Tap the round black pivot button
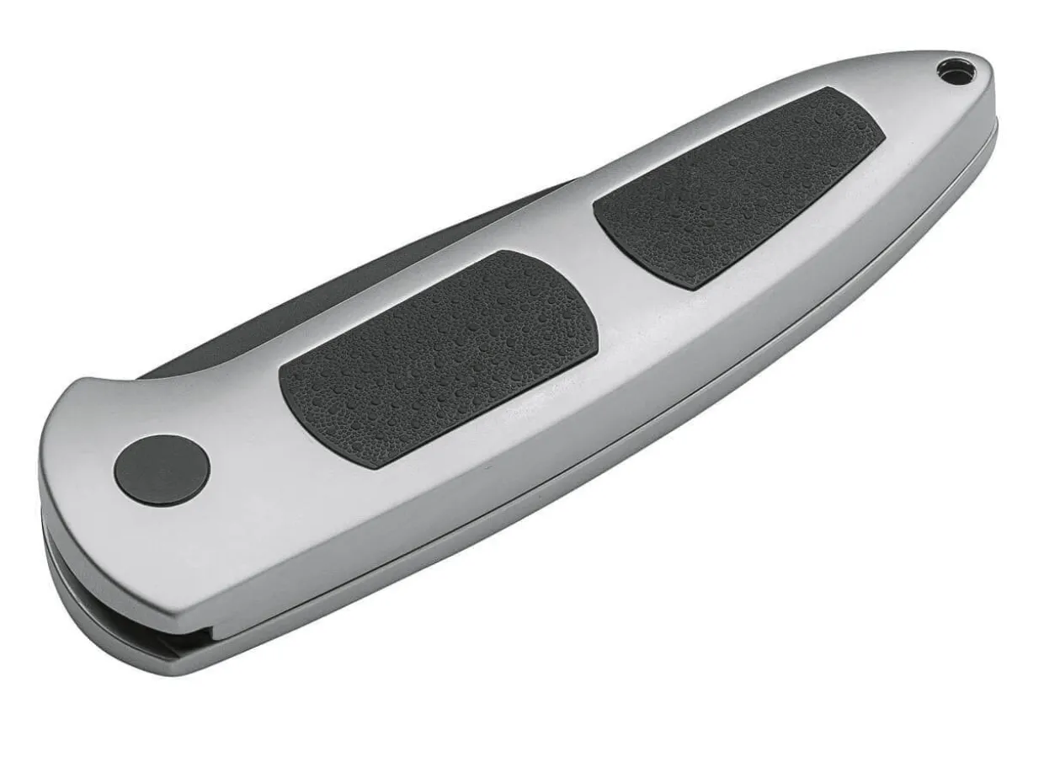coord(162,471)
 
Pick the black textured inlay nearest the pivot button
coord(438,357)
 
